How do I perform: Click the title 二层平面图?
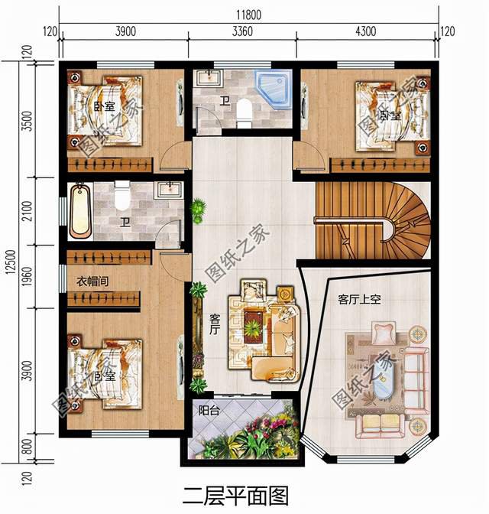tap(235, 495)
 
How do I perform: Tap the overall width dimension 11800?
tap(248, 15)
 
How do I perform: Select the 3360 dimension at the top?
tap(242, 31)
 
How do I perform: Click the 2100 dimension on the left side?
tap(28, 211)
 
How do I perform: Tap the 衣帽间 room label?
tap(92, 281)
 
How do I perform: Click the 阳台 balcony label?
tap(209, 411)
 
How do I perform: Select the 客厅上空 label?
tap(359, 299)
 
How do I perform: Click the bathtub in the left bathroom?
tap(80, 210)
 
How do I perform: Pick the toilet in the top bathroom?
tap(244, 113)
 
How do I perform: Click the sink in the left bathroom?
tap(169, 190)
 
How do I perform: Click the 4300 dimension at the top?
tap(366, 31)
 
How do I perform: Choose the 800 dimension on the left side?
tap(28, 447)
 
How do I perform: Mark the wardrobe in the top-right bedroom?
tap(380, 165)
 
